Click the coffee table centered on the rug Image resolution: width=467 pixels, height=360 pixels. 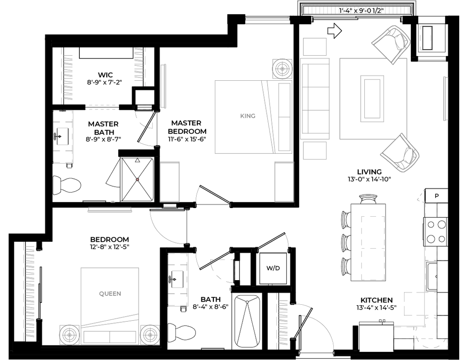click(x=372, y=99)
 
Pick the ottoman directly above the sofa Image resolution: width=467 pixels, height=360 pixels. click(x=315, y=47)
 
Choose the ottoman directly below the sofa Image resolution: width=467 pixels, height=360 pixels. click(x=315, y=151)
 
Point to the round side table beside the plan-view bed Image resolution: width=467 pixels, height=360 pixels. click(x=282, y=68)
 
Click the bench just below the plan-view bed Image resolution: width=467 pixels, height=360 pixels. click(x=284, y=181)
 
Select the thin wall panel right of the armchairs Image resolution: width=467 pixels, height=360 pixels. click(x=445, y=99)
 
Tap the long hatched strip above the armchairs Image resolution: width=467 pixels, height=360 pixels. click(x=357, y=10)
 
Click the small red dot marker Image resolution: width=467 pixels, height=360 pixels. click(x=137, y=179)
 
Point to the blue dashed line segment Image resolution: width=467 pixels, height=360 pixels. click(x=169, y=209)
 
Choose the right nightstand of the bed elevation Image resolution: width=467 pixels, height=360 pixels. click(x=150, y=334)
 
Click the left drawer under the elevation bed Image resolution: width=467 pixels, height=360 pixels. click(x=96, y=337)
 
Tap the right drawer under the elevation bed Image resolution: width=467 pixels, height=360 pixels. click(x=123, y=337)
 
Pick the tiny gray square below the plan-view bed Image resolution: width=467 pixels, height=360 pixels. click(x=230, y=289)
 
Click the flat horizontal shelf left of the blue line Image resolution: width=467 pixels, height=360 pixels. click(x=110, y=210)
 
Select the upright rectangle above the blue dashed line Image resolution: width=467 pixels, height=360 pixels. click(x=170, y=181)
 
